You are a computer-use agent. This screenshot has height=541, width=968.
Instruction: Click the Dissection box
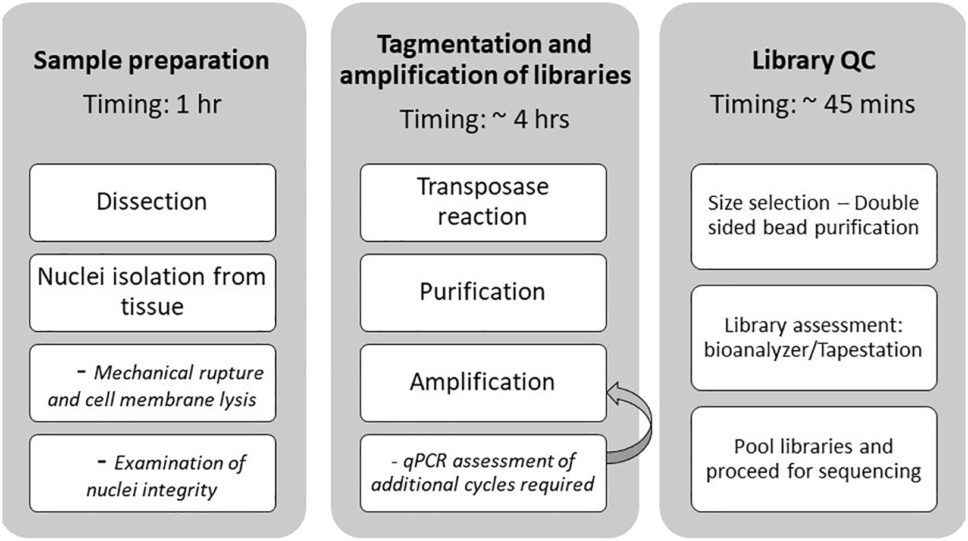[152, 202]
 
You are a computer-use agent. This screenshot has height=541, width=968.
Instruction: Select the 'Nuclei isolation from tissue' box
[152, 292]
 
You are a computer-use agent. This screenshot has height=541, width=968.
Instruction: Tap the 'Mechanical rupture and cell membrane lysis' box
[152, 383]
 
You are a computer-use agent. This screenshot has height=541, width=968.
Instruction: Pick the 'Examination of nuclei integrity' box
[152, 474]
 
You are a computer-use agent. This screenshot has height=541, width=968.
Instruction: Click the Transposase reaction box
[483, 202]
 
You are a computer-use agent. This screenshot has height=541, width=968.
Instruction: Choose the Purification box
[483, 292]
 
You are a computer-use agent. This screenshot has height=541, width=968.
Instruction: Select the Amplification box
[483, 382]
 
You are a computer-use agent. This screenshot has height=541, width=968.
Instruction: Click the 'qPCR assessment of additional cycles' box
[483, 473]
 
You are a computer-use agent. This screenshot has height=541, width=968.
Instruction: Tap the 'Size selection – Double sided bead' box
[813, 216]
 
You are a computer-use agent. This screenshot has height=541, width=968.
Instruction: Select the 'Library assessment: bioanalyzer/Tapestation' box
[813, 338]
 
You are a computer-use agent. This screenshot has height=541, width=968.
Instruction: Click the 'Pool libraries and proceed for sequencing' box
[813, 459]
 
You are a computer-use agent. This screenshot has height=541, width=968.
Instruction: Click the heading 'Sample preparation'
[151, 61]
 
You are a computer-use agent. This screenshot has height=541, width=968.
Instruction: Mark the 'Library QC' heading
[813, 61]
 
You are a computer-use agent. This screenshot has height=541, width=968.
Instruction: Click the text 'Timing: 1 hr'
[152, 105]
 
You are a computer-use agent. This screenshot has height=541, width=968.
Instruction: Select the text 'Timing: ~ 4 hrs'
[484, 119]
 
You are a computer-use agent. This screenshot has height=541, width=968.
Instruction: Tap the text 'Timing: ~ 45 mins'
[813, 105]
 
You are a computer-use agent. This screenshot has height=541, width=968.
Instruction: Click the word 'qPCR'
[424, 461]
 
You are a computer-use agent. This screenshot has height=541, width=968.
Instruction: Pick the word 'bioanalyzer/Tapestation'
[813, 350]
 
